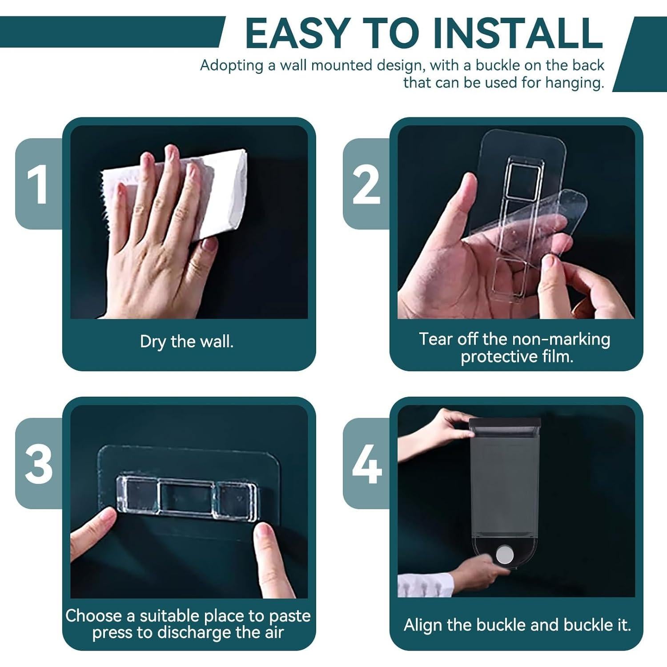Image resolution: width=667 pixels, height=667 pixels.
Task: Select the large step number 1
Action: [37, 184]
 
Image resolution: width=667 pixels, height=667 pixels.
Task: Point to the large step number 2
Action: [366, 184]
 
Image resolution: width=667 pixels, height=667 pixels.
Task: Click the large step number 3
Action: [39, 464]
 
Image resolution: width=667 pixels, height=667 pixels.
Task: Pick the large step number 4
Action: [367, 464]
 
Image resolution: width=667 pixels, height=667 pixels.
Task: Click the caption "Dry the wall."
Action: [187, 342]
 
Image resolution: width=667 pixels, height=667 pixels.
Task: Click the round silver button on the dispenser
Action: [504, 555]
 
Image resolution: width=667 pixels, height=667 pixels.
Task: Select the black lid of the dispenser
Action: [505, 422]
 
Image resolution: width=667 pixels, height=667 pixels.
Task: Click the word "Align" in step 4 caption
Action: [424, 625]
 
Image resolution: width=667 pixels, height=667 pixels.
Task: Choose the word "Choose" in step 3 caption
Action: [94, 616]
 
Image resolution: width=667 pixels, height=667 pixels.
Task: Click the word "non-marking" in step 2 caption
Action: [562, 339]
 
